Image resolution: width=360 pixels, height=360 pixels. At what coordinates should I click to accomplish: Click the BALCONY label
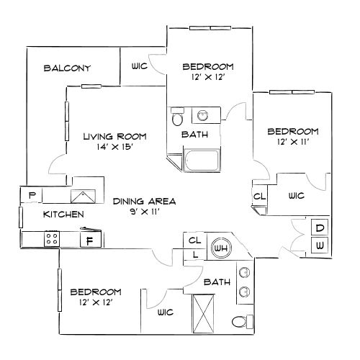[67, 68]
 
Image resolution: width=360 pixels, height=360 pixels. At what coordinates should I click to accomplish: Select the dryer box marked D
[320, 228]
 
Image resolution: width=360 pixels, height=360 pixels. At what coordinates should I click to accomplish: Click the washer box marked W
[320, 246]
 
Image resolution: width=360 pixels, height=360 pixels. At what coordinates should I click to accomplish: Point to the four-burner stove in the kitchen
[52, 239]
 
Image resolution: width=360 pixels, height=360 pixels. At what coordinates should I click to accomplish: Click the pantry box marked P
[32, 195]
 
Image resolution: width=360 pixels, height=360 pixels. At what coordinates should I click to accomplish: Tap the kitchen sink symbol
[83, 197]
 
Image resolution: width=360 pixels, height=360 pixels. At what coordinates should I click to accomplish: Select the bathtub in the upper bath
[202, 160]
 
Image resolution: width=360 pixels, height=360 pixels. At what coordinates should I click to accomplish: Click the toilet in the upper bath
[177, 117]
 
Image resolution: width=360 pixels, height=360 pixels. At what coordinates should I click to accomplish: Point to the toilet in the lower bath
[243, 322]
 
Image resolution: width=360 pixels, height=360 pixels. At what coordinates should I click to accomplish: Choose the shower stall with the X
[203, 314]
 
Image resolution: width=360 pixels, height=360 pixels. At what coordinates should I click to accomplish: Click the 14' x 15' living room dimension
[114, 147]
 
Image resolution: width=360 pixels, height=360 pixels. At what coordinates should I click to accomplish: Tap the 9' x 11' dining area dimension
[145, 212]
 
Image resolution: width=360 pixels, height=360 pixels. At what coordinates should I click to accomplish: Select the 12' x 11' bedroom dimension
[293, 142]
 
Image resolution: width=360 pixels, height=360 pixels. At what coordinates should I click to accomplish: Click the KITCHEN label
[63, 215]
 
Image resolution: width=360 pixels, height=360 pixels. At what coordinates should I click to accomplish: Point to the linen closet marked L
[194, 254]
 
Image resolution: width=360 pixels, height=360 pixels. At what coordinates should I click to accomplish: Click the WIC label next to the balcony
[139, 66]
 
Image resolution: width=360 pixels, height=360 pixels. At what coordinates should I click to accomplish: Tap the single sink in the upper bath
[203, 116]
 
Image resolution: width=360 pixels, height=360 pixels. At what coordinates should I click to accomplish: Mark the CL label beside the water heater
[194, 240]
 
